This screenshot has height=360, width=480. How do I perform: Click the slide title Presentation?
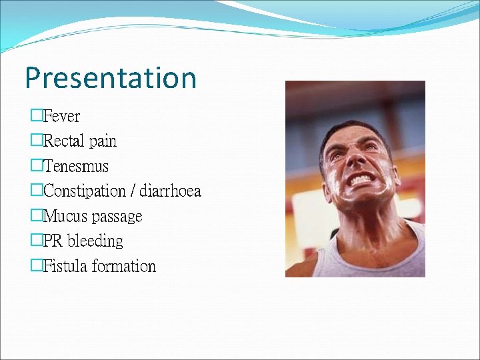coord(111,78)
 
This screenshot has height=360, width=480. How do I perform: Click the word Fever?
coord(61,117)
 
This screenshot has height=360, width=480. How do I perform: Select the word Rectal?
coord(63,141)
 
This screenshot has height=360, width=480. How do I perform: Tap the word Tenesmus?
coord(75,167)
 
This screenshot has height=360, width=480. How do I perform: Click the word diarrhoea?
coord(170,191)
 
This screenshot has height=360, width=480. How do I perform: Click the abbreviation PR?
coord(53,241)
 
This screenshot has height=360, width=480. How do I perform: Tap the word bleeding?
coord(95,241)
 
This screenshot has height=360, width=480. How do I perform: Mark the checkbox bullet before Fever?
coord(36,116)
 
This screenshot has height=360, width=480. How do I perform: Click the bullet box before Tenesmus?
coord(36,166)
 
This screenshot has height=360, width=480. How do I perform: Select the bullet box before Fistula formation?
coord(36,266)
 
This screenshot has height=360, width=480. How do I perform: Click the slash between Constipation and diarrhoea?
coord(134,192)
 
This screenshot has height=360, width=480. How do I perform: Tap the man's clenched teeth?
coord(361,179)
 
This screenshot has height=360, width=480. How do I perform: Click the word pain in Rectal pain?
coord(103,142)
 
